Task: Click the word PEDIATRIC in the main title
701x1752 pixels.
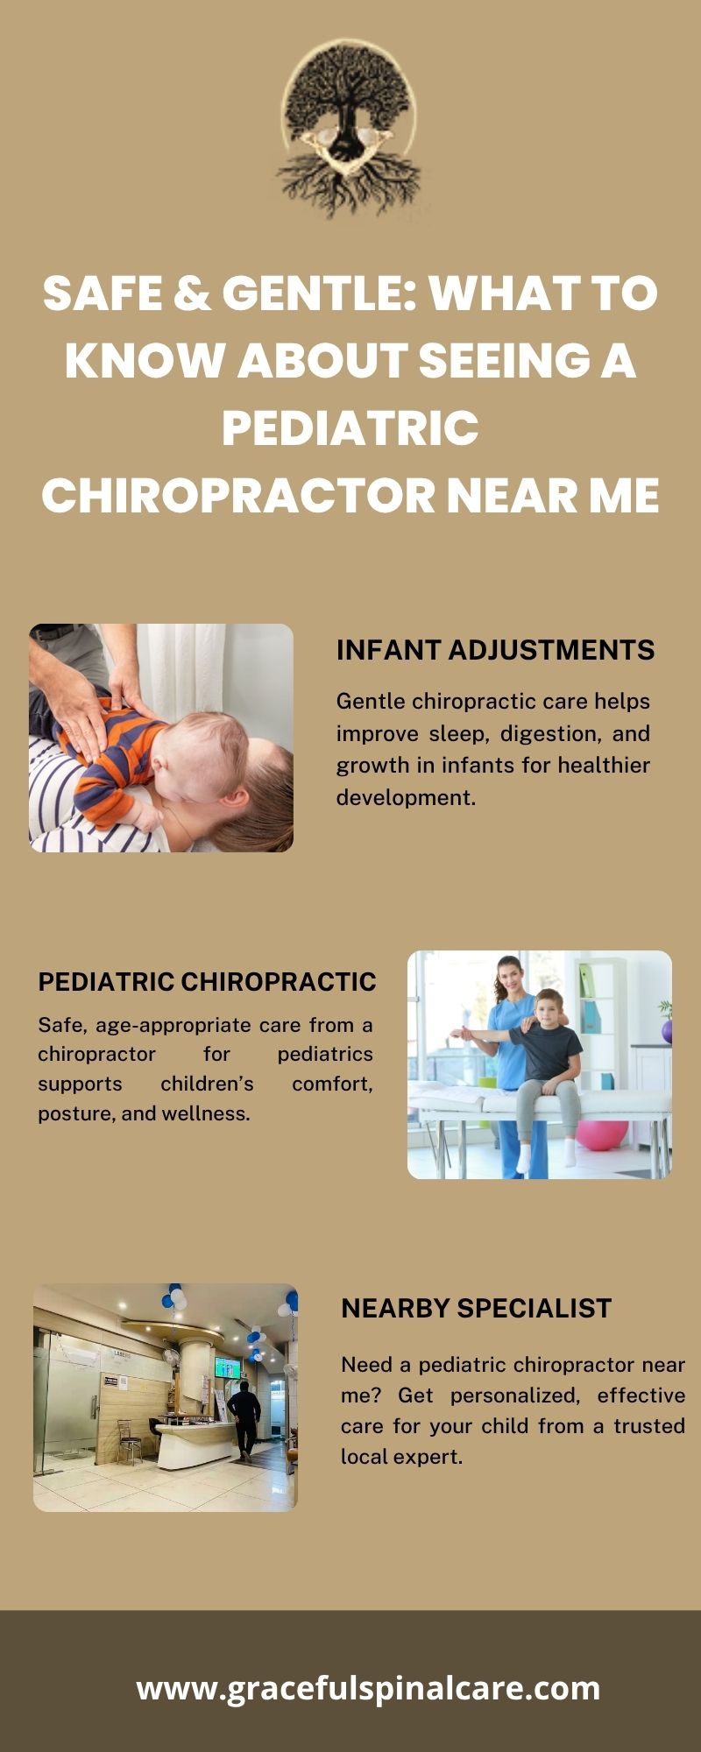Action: (x=350, y=427)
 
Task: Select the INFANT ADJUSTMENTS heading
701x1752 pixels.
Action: (x=495, y=650)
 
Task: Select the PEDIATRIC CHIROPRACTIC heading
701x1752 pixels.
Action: (x=207, y=982)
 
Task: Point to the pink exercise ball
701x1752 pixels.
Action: (x=602, y=1134)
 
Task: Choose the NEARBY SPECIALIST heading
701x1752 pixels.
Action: (x=476, y=1308)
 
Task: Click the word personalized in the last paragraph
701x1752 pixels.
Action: (x=515, y=1395)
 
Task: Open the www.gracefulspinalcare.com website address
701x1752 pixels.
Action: (x=368, y=1687)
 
